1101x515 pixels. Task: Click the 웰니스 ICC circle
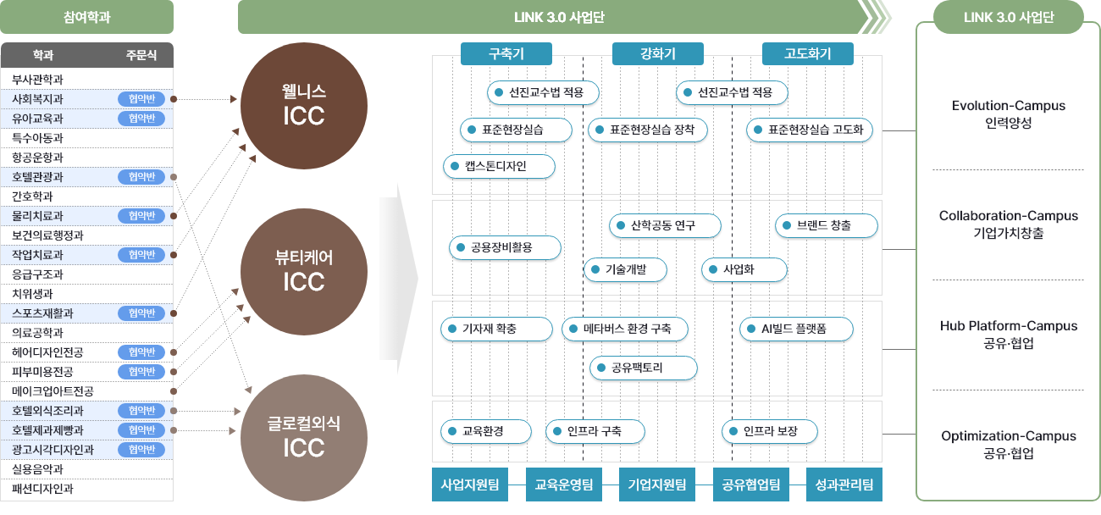[304, 105]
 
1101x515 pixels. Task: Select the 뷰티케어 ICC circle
[304, 271]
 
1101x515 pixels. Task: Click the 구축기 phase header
[506, 54]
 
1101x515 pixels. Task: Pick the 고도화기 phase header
[807, 54]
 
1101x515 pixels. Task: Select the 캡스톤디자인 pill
[499, 166]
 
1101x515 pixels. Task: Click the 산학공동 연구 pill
[665, 225]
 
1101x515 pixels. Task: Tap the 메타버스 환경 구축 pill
[625, 329]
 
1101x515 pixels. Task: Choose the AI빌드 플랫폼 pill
[796, 329]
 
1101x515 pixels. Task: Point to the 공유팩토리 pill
[643, 368]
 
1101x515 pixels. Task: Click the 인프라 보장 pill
[770, 431]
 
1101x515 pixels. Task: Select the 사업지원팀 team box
[470, 485]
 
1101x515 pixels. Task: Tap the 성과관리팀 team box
[844, 485]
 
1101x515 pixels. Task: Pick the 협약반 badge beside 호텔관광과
[141, 177]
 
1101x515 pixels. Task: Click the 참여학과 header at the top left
[87, 17]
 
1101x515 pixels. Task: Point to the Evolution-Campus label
[1008, 106]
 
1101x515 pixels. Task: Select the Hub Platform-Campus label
[1008, 326]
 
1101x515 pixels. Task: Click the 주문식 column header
[141, 56]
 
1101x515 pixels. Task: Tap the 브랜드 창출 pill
[827, 225]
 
